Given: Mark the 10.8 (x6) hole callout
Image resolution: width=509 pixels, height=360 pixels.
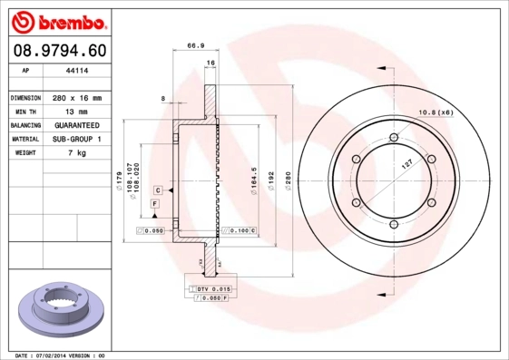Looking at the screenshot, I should pos(436,112).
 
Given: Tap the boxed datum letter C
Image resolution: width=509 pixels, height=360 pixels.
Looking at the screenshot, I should pos(158,190).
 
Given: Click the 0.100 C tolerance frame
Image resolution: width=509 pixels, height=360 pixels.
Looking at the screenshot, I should pos(240,232).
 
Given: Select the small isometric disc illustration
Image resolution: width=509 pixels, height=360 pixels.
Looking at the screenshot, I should pos(63,310).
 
